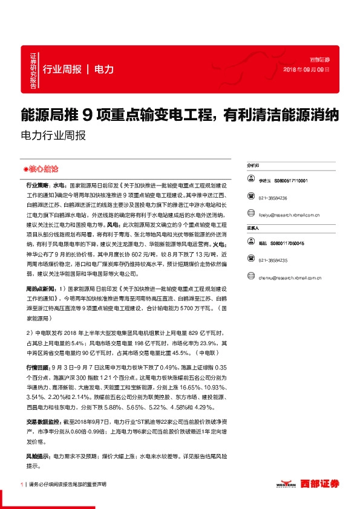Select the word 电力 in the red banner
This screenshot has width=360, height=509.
click(104, 69)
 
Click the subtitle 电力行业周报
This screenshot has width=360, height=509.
click(53, 135)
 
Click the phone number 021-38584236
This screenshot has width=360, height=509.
click(273, 198)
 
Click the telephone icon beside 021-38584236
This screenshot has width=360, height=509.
click(250, 198)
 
